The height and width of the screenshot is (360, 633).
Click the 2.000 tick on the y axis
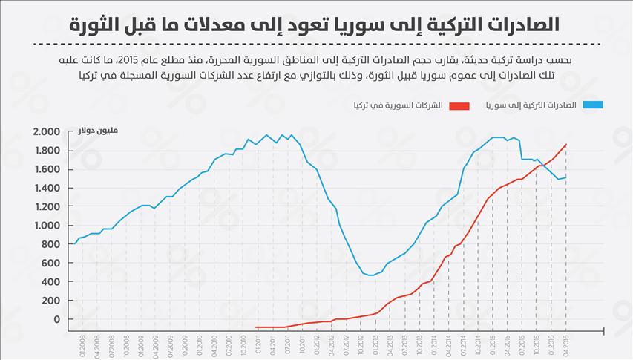(45, 132)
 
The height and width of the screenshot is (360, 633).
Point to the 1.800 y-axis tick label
(45, 151)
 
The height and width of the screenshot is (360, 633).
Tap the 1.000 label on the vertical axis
(45, 226)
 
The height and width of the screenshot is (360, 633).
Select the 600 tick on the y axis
(49, 264)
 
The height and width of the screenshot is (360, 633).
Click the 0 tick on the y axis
(54, 320)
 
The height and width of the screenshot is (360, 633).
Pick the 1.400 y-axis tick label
(45, 189)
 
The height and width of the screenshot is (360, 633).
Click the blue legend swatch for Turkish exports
(593, 105)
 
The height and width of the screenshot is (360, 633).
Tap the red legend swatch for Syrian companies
(459, 105)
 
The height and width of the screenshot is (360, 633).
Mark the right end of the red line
(567, 144)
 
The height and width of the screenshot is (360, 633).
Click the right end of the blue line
(567, 177)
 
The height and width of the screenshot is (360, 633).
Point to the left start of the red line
(256, 327)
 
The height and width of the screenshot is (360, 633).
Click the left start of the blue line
(73, 243)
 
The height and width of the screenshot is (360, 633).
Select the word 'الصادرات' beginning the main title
(521, 23)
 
